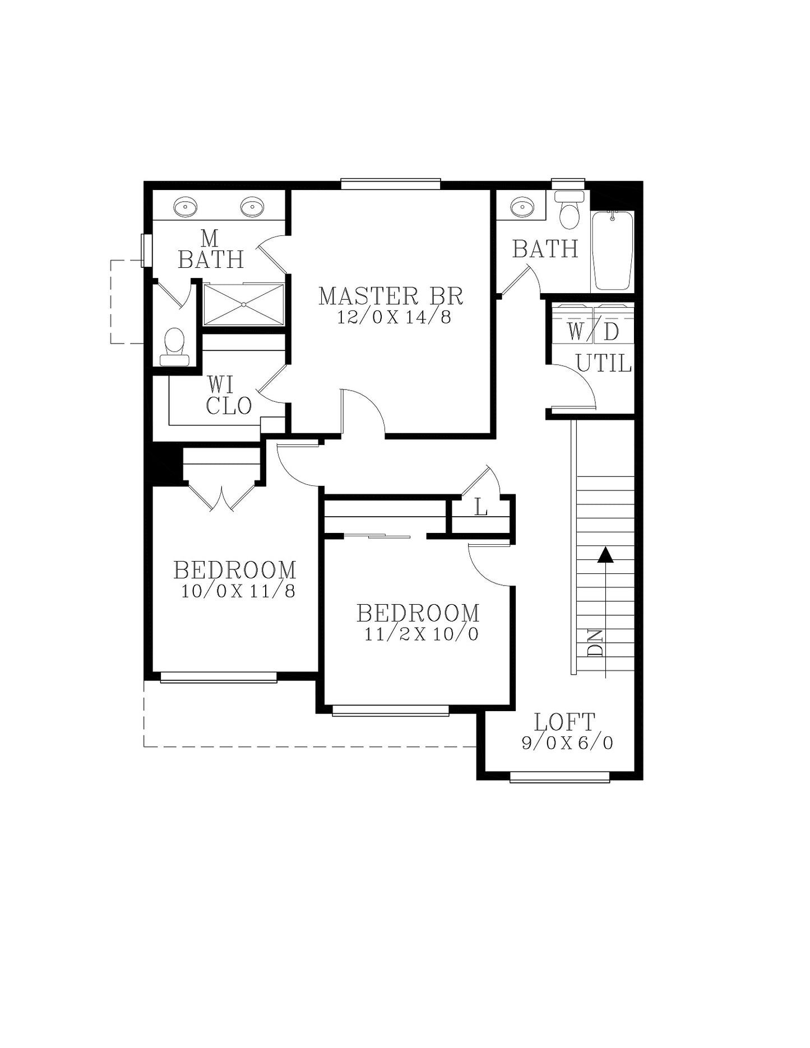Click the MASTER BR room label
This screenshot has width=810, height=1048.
click(x=391, y=296)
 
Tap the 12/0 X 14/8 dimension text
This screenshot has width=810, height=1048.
click(x=394, y=318)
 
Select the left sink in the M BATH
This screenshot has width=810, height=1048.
click(x=185, y=207)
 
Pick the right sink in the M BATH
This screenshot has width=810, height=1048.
click(x=252, y=207)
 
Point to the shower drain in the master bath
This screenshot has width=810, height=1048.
click(x=244, y=304)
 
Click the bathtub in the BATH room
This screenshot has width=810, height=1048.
click(x=613, y=251)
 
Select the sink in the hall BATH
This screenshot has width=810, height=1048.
click(x=522, y=207)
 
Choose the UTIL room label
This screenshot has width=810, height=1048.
click(x=604, y=363)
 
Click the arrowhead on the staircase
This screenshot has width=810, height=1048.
click(x=605, y=554)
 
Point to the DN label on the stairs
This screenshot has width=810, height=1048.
click(x=595, y=643)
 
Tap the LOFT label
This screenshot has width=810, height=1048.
click(x=564, y=722)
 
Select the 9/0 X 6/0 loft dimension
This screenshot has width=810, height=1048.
click(x=567, y=743)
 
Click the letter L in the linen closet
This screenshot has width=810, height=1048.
click(x=481, y=508)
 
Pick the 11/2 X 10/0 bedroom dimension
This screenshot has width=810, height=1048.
click(x=422, y=634)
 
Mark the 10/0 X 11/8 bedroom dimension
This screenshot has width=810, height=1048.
click(x=238, y=591)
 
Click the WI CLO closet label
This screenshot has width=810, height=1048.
click(x=228, y=396)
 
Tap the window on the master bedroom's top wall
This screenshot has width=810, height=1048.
click(x=391, y=184)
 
